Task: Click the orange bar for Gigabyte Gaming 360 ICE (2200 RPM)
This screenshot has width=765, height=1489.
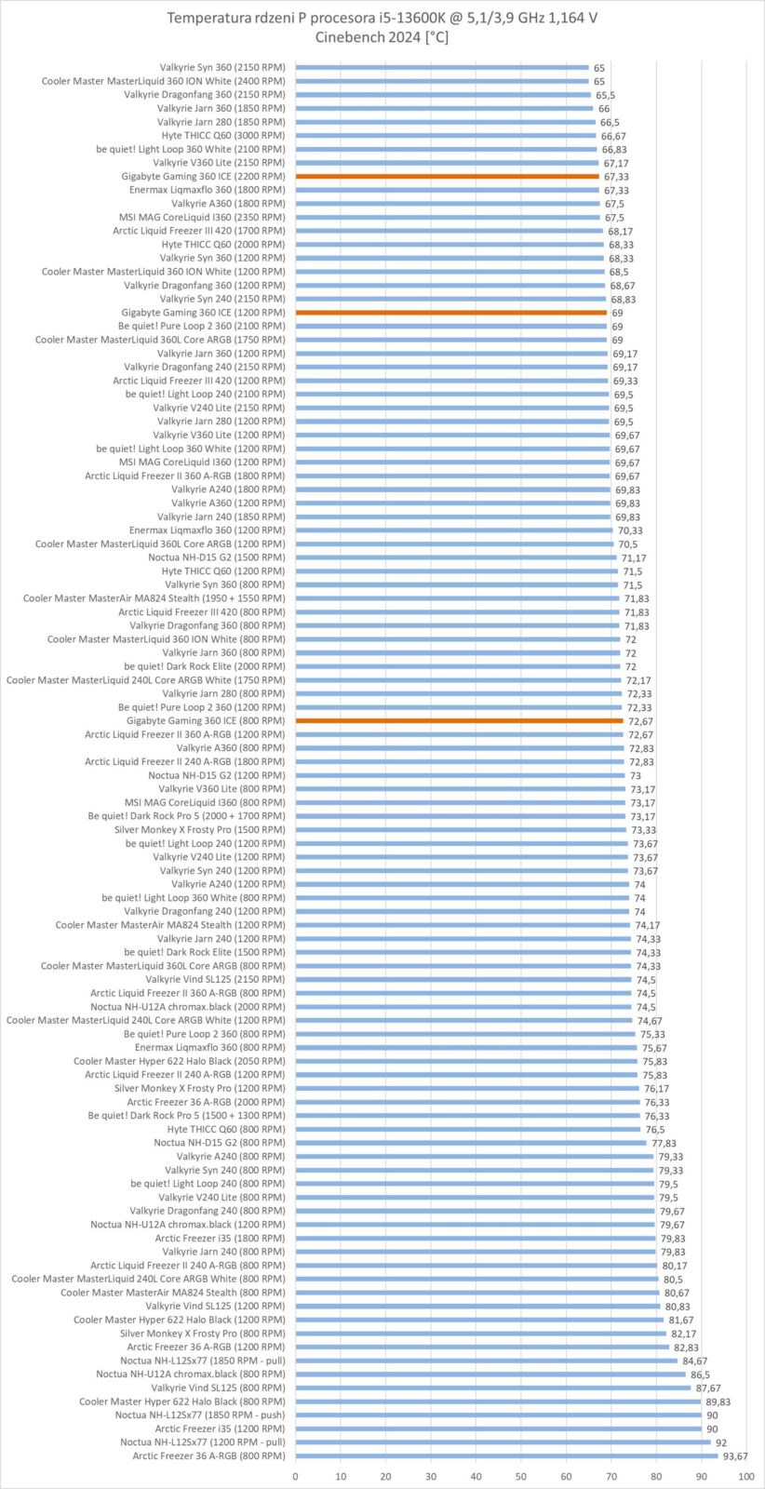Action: tap(447, 176)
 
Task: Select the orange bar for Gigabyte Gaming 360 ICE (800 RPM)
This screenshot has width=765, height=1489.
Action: tap(459, 720)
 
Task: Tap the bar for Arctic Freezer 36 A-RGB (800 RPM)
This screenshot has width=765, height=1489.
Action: tap(506, 1455)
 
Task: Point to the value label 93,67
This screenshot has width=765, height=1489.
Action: tap(735, 1456)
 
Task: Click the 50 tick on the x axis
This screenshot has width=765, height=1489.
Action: tap(521, 1477)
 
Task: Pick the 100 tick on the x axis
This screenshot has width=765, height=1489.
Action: tap(745, 1477)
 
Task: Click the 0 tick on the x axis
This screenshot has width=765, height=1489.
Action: tap(296, 1477)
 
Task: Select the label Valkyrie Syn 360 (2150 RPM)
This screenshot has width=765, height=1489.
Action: tap(222, 67)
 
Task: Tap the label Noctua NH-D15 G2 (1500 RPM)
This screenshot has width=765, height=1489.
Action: tap(217, 557)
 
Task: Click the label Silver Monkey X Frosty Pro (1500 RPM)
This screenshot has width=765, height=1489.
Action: tap(200, 829)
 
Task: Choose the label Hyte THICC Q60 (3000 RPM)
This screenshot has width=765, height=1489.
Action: tap(223, 135)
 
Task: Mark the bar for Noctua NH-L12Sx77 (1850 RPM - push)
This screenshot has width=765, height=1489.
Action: tap(498, 1415)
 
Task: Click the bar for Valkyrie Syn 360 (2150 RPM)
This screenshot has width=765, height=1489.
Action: tap(442, 67)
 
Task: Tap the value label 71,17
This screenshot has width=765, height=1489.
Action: tap(634, 557)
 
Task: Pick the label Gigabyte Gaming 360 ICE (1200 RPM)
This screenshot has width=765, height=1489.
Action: tap(204, 313)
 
